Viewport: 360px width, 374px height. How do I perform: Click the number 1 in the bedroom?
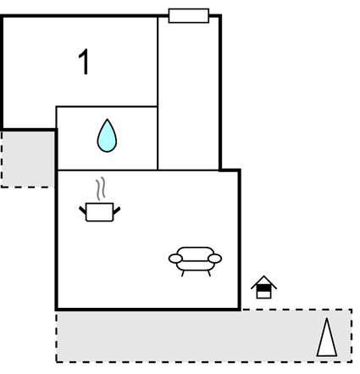point(84,62)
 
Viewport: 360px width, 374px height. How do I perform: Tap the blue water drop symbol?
point(107,136)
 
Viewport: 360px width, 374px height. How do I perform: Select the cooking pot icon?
point(100,212)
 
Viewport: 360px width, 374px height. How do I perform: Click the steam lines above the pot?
point(101,188)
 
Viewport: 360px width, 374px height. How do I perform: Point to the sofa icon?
point(195,261)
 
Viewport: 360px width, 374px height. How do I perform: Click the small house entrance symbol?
point(263,287)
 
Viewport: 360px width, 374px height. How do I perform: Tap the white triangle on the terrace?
point(327,339)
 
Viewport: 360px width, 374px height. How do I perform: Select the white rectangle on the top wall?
point(189,15)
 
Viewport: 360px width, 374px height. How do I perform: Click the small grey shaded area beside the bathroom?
point(28,159)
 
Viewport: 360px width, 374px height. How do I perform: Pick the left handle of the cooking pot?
point(82,210)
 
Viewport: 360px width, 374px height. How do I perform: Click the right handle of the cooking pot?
point(117,210)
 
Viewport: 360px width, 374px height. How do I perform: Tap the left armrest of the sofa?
point(175,259)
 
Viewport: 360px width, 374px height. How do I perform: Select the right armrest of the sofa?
point(215,259)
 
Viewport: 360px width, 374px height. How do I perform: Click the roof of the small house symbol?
point(263,282)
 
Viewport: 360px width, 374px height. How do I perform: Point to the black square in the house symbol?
point(263,288)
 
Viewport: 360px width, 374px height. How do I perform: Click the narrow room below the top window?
point(188,93)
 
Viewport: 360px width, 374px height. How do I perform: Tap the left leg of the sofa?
point(183,273)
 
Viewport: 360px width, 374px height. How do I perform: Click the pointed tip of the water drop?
point(107,119)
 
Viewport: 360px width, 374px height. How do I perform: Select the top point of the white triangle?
point(327,319)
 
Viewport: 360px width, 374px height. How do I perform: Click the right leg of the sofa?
point(209,273)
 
